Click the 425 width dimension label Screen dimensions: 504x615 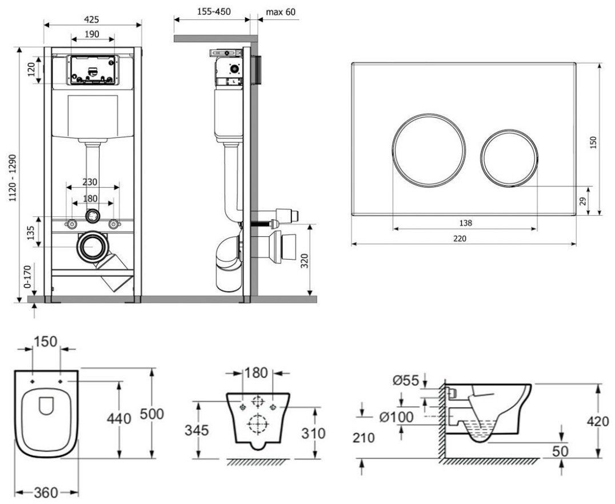91,18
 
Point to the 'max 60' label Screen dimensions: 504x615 281,13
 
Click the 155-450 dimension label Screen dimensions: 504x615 212,13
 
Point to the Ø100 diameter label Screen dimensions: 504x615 394,418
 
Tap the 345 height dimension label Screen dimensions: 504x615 197,430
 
